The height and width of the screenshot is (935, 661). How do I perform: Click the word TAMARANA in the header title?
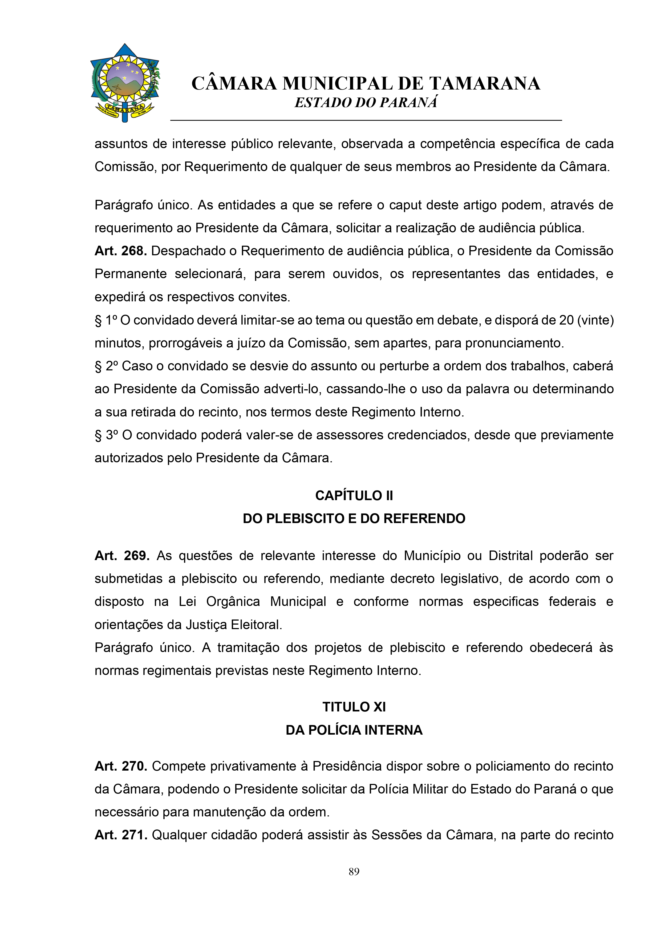(485, 83)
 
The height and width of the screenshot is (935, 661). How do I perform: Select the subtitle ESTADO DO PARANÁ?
(366, 103)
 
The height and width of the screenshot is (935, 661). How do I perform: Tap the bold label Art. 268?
(120, 251)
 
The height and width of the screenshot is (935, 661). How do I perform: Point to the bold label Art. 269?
(122, 556)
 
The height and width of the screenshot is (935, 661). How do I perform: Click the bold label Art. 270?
(120, 766)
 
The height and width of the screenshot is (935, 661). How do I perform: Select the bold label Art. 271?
(120, 835)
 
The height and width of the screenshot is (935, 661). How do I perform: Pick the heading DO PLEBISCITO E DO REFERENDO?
(354, 519)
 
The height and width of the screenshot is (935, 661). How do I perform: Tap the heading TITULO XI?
(354, 707)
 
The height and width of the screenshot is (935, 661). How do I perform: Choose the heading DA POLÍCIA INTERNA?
(354, 730)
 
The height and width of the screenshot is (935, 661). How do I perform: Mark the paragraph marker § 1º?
(106, 320)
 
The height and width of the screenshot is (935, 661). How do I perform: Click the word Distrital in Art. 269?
(511, 556)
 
